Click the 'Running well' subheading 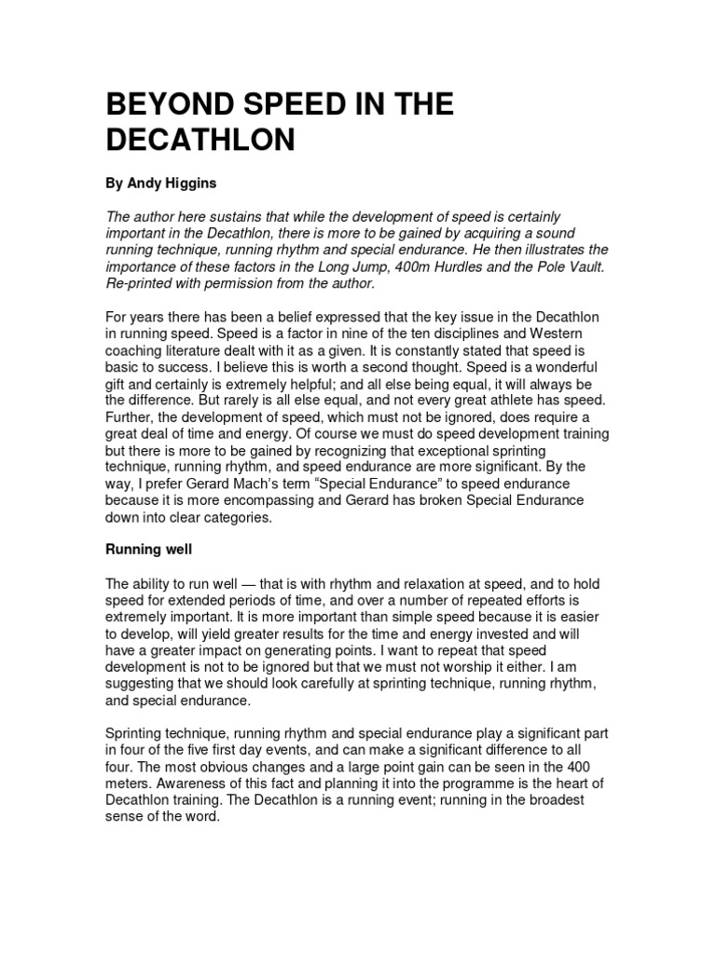[x=147, y=551]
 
